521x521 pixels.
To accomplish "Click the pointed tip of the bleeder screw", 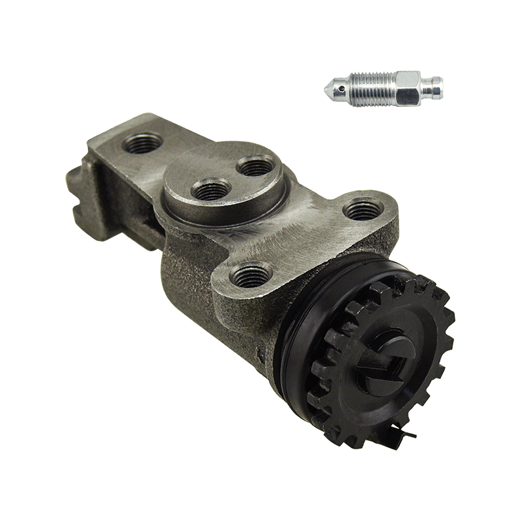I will [x=328, y=87].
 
